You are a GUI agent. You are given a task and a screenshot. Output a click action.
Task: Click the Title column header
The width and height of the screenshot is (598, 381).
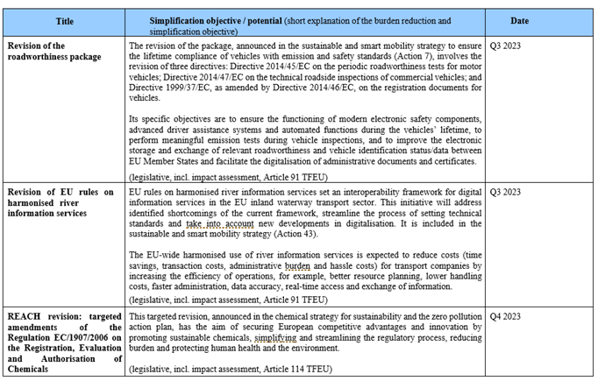64,20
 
